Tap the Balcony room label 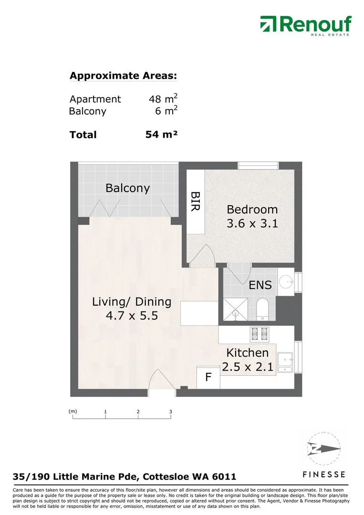click(x=127, y=188)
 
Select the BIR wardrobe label click(x=196, y=201)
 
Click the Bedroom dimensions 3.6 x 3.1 click(x=252, y=223)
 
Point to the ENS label click(x=260, y=285)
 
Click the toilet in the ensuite click(x=262, y=309)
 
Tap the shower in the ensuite click(x=235, y=309)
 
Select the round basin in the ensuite click(x=286, y=281)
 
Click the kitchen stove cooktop click(x=260, y=334)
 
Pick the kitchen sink click(x=285, y=362)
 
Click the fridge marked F click(x=208, y=377)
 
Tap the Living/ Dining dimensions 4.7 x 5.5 click(x=132, y=316)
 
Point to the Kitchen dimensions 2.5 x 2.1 click(x=248, y=367)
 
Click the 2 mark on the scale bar click(x=138, y=412)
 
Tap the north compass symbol click(x=323, y=449)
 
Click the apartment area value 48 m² click(x=163, y=98)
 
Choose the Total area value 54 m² click(x=161, y=134)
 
